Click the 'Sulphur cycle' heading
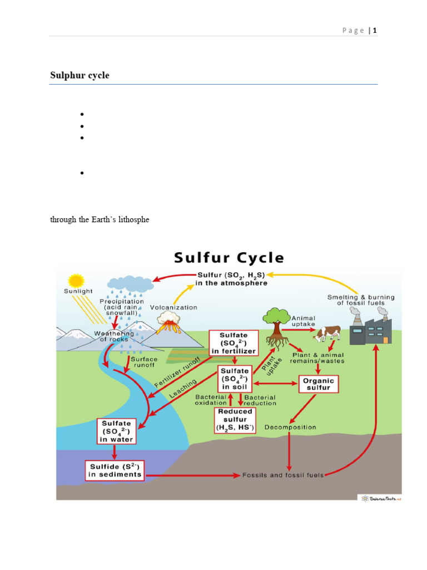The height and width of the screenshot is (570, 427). pos(80,76)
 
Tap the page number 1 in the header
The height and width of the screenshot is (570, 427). pos(375,31)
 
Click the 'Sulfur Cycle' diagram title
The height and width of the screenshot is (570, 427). pos(229,258)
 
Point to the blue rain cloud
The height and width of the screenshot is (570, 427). pos(131,284)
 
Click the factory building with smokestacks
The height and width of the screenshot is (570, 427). pos(371,328)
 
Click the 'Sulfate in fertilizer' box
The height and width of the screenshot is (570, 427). pos(234,343)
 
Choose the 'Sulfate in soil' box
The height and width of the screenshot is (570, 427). pos(234,379)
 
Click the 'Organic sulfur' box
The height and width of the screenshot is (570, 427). pos(319,384)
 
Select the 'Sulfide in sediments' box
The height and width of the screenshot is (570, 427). pos(115,470)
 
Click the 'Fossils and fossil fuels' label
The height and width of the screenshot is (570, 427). pos(282,475)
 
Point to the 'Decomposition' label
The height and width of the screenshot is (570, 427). pos(290,427)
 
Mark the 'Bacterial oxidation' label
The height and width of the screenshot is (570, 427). pos(211,400)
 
